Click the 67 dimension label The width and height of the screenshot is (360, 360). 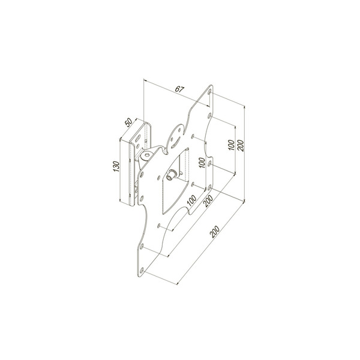coord(178,89)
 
